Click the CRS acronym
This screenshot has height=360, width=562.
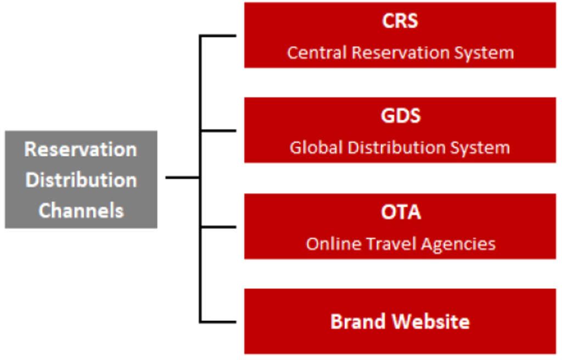pyautogui.click(x=400, y=21)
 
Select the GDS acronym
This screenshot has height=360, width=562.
pyautogui.click(x=400, y=116)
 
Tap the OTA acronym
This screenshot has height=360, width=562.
pyautogui.click(x=401, y=212)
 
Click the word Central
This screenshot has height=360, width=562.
pyautogui.click(x=317, y=53)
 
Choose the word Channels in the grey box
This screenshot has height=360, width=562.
pyautogui.click(x=81, y=210)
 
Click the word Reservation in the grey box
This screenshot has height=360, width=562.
pyautogui.click(x=81, y=149)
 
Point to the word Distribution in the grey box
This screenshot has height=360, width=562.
pyautogui.click(x=81, y=180)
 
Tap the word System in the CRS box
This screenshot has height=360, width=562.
pyautogui.click(x=486, y=53)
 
